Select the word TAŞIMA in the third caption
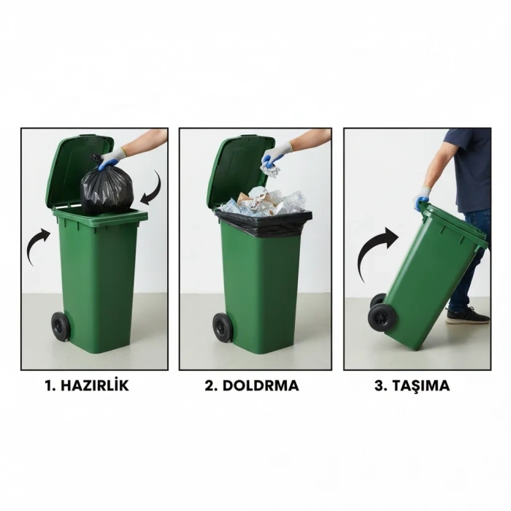click(x=423, y=386)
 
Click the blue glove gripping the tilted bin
click(x=423, y=197)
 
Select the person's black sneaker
click(x=466, y=315)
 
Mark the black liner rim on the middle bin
click(x=264, y=219)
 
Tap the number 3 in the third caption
click(x=380, y=386)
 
